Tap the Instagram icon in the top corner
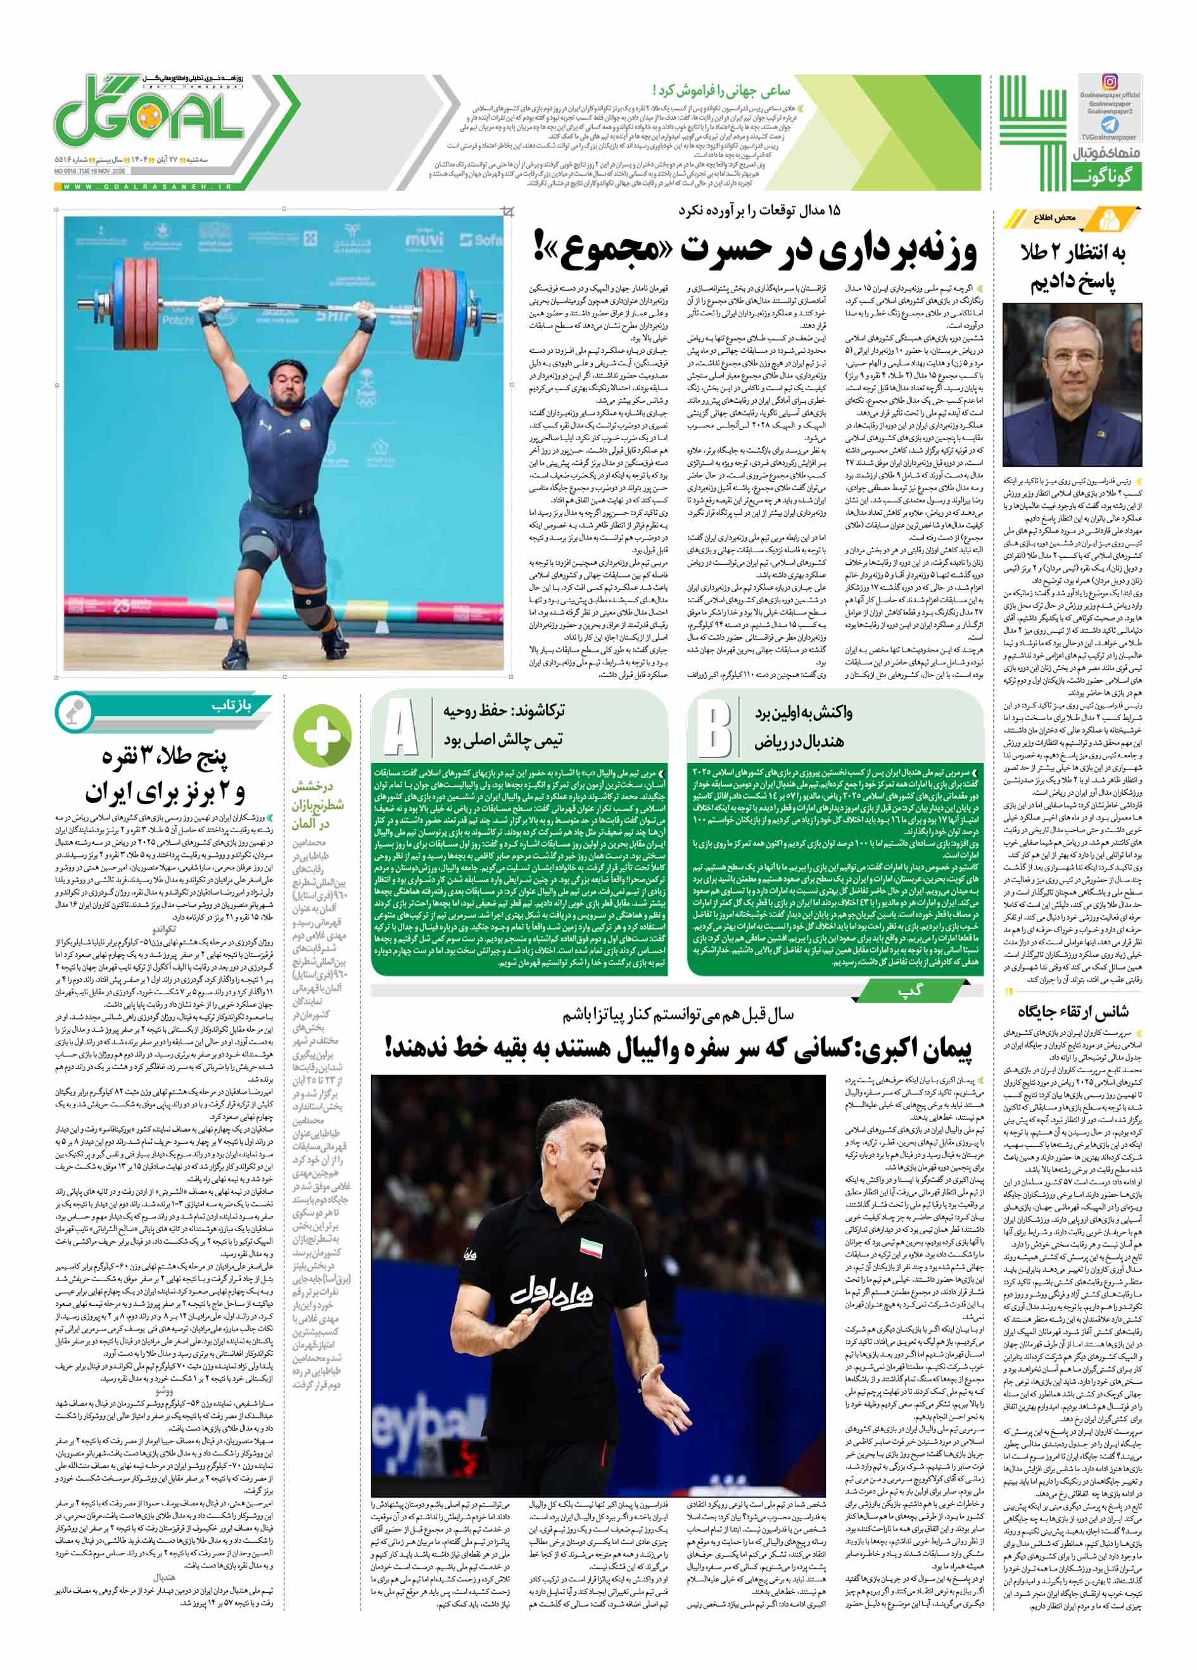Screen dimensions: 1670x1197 1110,82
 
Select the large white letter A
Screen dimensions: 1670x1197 400,728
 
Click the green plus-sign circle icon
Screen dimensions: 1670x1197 322,734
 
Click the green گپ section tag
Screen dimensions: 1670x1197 910,992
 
